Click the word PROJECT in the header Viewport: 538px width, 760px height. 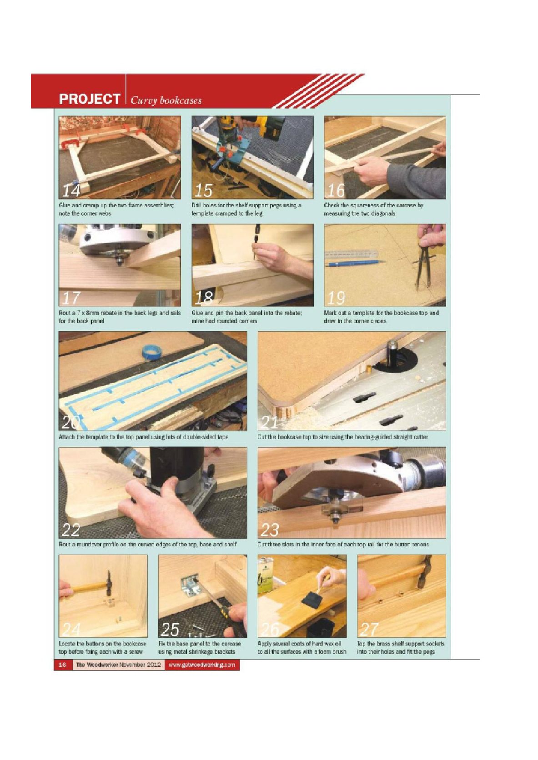[89, 99]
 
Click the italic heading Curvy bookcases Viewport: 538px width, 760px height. [166, 100]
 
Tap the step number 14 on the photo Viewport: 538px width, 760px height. [71, 190]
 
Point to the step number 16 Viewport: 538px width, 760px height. [336, 190]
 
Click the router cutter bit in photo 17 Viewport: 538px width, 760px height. [120, 260]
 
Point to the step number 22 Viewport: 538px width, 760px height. [71, 530]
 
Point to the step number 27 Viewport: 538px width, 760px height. [369, 629]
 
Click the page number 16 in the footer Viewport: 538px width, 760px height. [62, 665]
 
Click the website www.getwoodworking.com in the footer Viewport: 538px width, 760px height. [202, 665]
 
